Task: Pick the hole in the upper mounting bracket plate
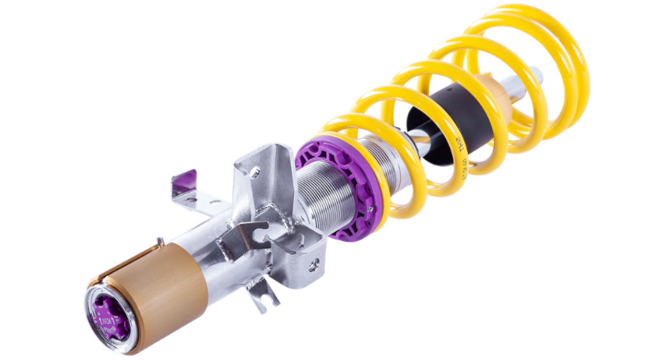tap(255, 172)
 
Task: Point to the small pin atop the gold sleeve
tap(160, 242)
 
